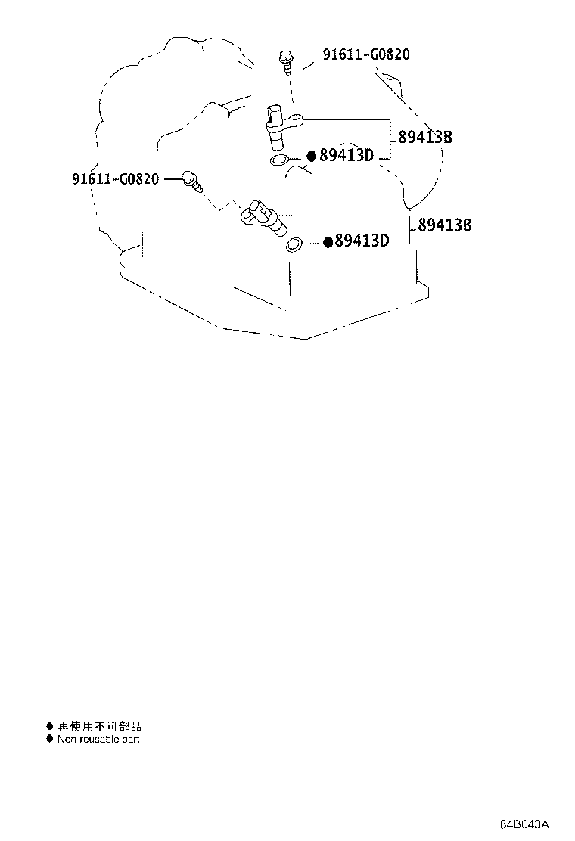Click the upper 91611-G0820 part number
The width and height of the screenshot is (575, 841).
366,54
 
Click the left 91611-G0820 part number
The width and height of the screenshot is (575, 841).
115,178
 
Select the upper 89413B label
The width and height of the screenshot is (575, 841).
424,138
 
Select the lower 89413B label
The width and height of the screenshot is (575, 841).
445,225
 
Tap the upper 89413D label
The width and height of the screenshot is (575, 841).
347,156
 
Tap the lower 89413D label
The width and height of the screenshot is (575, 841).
362,241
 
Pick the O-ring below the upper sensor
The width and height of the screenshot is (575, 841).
279,160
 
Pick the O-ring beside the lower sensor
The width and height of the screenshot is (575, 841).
294,244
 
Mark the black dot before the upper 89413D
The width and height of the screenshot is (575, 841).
312,156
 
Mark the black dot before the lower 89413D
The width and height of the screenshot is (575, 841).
328,242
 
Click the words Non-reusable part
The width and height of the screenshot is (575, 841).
98,739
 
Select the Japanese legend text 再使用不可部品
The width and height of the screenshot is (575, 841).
99,726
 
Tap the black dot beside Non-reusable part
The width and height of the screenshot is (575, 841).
49,739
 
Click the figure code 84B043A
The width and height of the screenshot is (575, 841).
524,824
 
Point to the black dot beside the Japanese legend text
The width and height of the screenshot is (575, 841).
49,726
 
